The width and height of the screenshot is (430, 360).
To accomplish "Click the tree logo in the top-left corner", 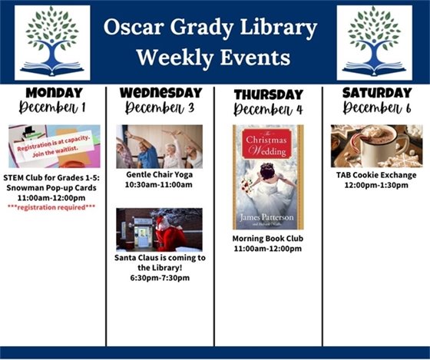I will click(x=51, y=42).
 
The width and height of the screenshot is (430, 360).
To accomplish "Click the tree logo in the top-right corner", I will click(x=374, y=42).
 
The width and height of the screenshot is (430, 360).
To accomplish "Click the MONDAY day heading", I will click(x=55, y=93).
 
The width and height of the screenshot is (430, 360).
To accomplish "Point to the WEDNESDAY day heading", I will click(x=160, y=93).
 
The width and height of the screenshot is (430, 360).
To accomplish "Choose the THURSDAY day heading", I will click(x=268, y=94).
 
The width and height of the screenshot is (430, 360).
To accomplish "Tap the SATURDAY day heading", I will click(x=376, y=93).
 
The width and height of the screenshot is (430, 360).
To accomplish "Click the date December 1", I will click(x=55, y=107).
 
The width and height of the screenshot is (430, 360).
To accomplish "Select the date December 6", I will click(x=376, y=107).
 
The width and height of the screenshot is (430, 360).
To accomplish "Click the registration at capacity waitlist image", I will click(x=55, y=146).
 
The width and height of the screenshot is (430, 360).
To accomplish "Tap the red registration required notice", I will click(x=55, y=206).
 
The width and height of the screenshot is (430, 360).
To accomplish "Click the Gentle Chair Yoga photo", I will click(x=160, y=147).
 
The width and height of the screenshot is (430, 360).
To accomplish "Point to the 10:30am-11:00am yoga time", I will click(x=160, y=185).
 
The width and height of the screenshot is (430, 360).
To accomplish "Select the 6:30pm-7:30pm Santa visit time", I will click(x=160, y=278).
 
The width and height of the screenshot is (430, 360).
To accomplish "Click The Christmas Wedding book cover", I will click(x=268, y=177).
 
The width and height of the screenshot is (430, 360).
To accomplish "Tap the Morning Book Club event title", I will click(x=268, y=239).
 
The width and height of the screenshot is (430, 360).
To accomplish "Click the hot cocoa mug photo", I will click(x=376, y=146).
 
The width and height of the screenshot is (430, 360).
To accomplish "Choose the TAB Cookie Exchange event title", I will click(x=376, y=175).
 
